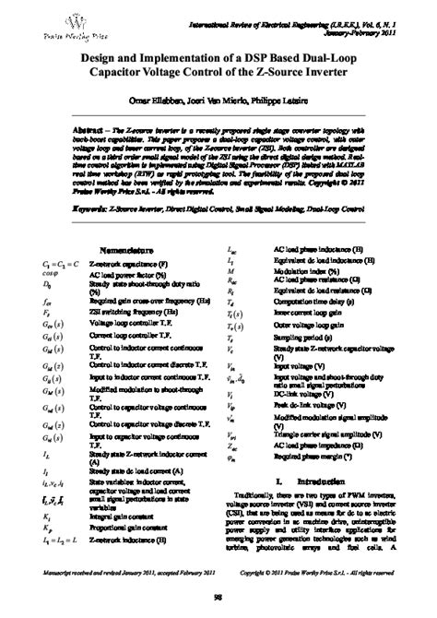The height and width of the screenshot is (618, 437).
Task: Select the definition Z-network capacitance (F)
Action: [x=128, y=264]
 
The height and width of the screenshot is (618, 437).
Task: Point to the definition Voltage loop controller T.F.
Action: [x=129, y=326]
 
